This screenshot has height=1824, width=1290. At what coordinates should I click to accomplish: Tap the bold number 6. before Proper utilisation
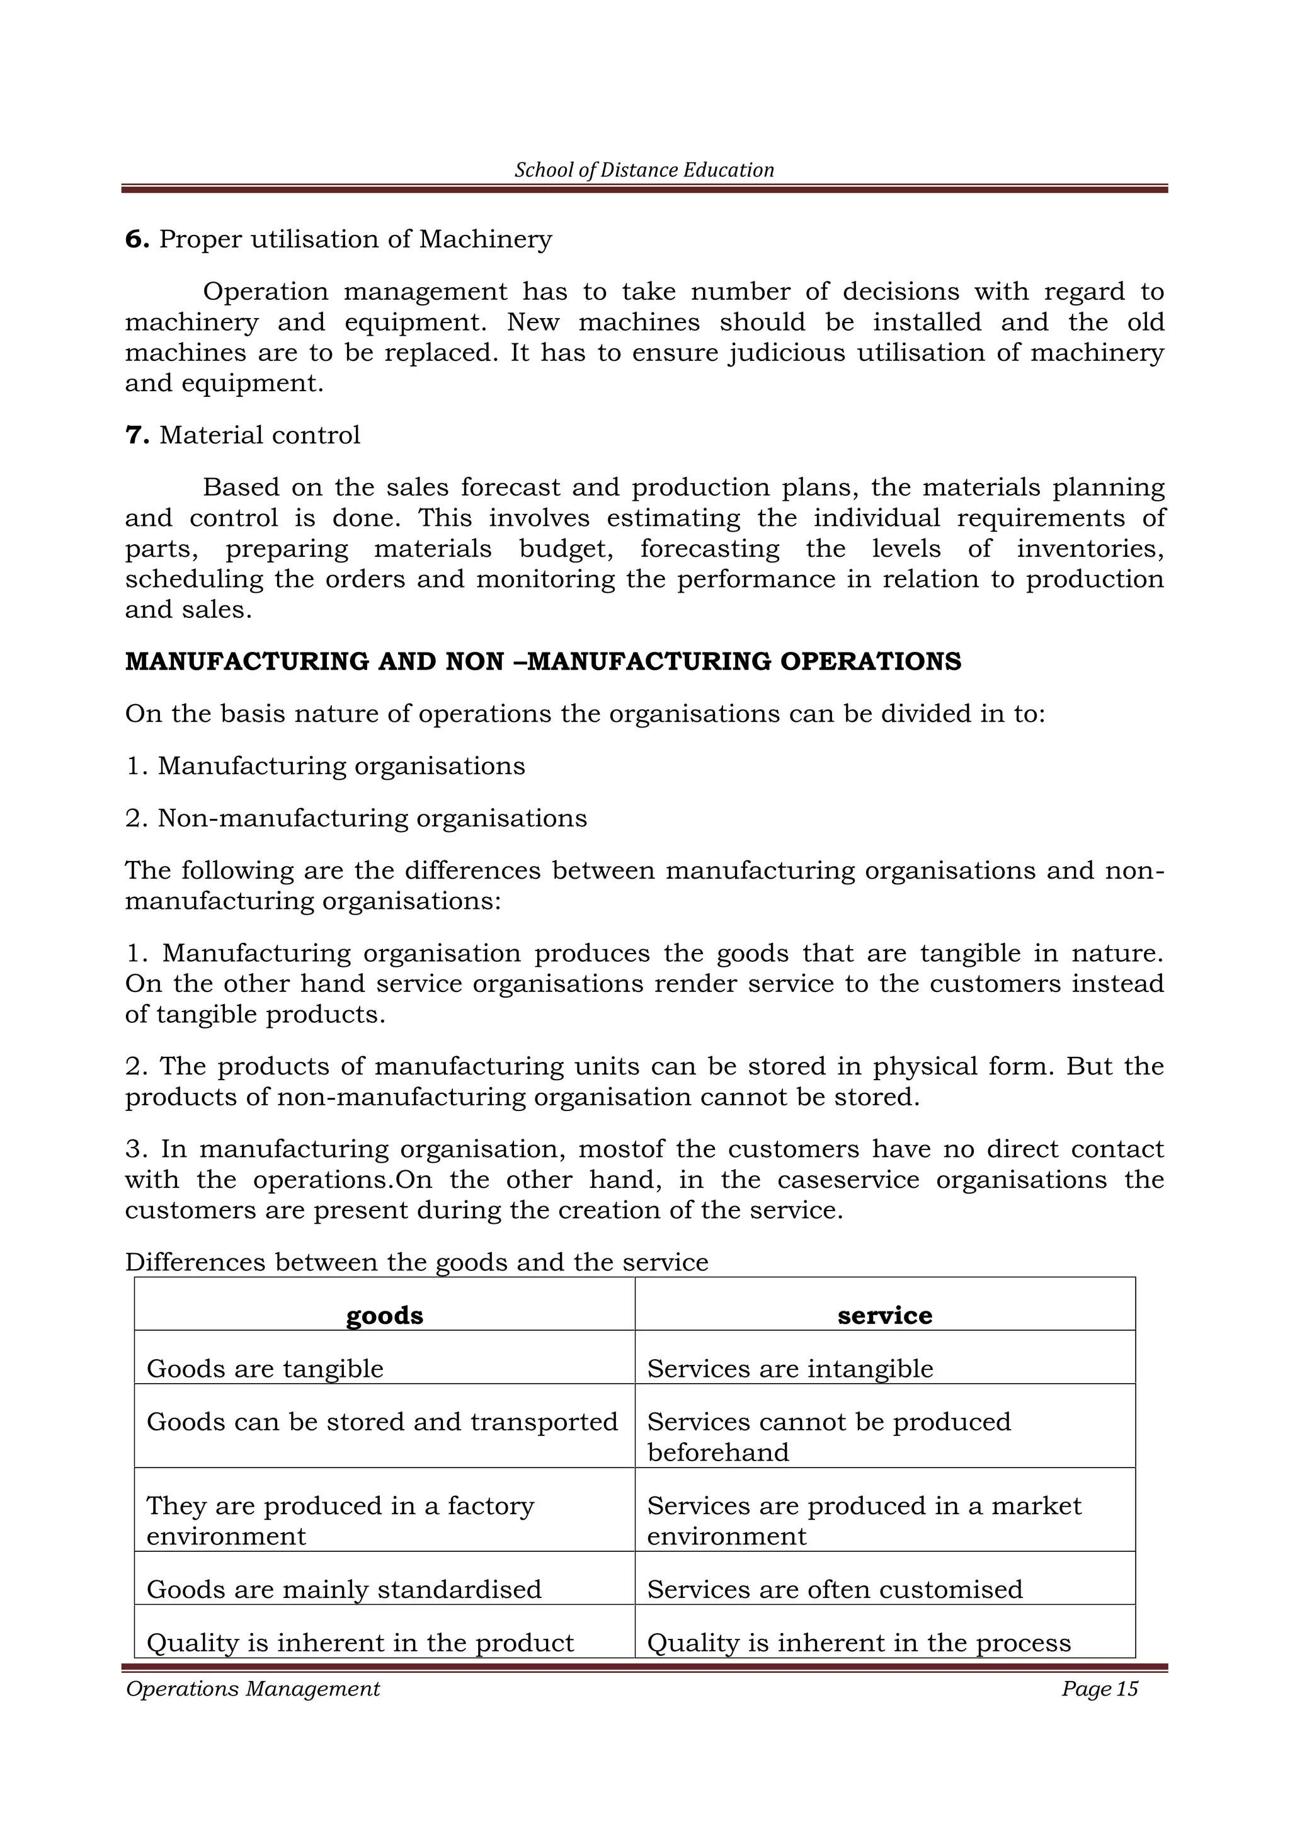point(137,239)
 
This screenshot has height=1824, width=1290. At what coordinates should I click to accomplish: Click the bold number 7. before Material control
point(137,435)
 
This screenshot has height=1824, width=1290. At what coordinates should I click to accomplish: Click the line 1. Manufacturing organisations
point(325,766)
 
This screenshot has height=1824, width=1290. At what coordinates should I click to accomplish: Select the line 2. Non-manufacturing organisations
point(356,818)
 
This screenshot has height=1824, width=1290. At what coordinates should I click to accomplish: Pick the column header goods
point(384,1316)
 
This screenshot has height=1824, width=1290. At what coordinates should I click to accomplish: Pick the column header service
point(884,1316)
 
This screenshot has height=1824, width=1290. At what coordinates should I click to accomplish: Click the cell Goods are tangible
point(265,1369)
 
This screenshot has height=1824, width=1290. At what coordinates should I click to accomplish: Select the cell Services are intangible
point(790,1369)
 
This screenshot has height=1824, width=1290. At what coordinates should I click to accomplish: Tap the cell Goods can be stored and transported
point(382,1422)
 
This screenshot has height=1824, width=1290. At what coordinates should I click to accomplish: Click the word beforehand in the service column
point(717,1452)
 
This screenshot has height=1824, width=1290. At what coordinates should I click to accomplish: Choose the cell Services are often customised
point(834,1589)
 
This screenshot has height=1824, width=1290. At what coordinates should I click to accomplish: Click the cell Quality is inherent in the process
point(859,1643)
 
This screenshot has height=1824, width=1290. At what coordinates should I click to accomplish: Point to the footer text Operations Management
point(253,1689)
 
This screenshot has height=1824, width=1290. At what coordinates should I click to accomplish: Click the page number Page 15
point(1099,1689)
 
